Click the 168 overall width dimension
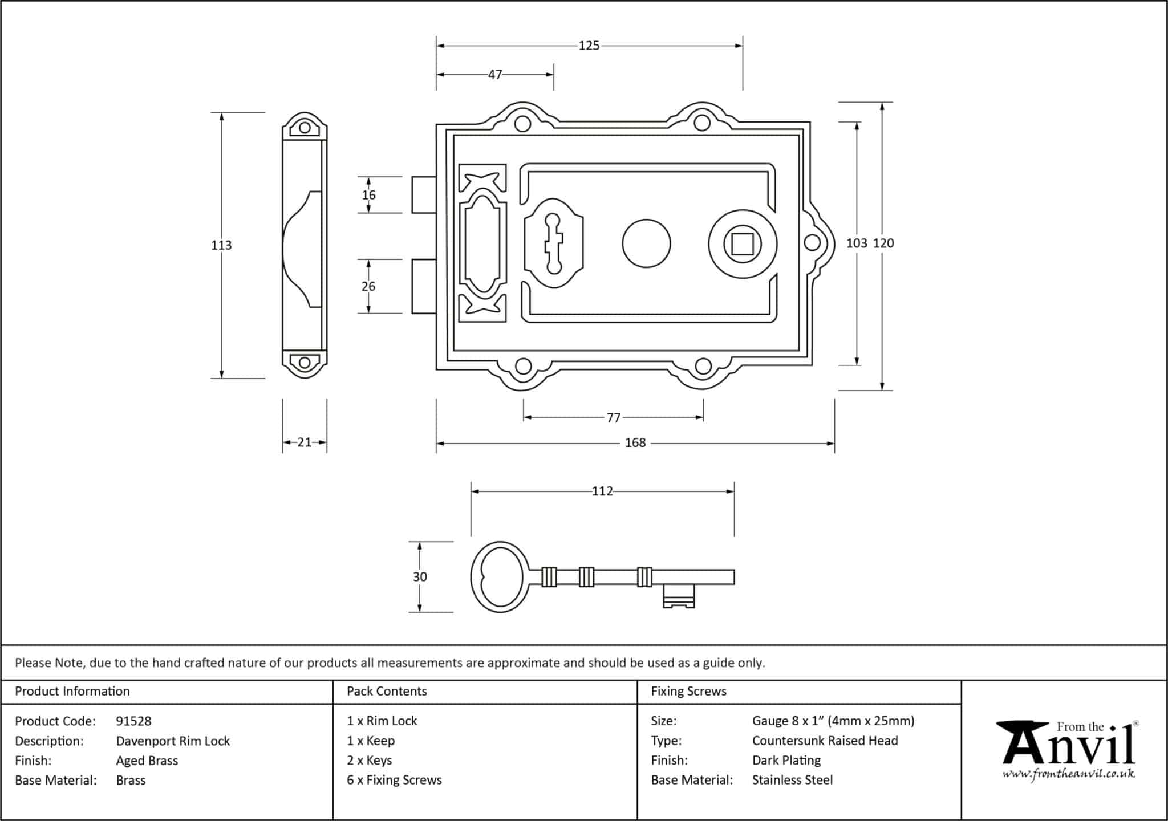pyautogui.click(x=635, y=443)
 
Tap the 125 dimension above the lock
pyautogui.click(x=589, y=46)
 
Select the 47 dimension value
pyautogui.click(x=494, y=75)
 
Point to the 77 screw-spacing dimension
pyautogui.click(x=613, y=418)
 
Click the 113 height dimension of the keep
pyautogui.click(x=221, y=245)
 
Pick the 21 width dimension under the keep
pyautogui.click(x=304, y=442)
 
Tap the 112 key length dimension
pyautogui.click(x=602, y=491)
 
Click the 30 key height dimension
pyautogui.click(x=420, y=577)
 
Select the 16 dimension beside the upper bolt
pyautogui.click(x=368, y=195)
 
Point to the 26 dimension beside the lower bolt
pyautogui.click(x=368, y=286)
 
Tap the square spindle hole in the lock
pyautogui.click(x=743, y=244)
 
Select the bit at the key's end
pyautogui.click(x=679, y=596)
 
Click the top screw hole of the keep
pyautogui.click(x=305, y=128)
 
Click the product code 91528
pyautogui.click(x=133, y=721)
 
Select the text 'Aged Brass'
pyautogui.click(x=147, y=761)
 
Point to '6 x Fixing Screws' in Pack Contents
pyautogui.click(x=394, y=780)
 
